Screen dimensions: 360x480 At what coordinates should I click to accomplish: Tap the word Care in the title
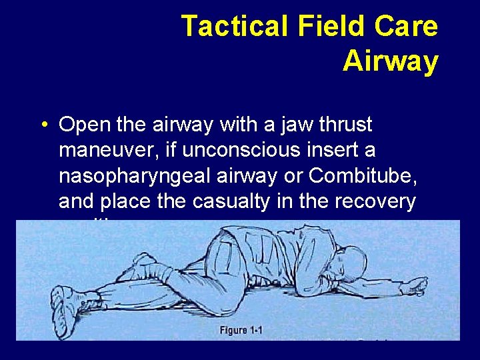point(409,27)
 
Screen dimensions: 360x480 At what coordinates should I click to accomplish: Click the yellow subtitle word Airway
point(390,61)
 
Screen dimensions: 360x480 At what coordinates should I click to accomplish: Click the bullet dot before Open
point(42,125)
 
